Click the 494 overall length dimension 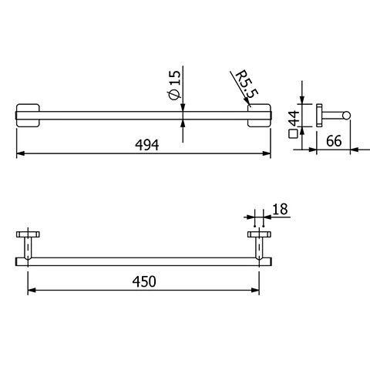pos(145,145)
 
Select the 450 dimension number pos(144,281)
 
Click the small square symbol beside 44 pos(293,133)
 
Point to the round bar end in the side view pos(347,116)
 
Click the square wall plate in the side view pos(316,116)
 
